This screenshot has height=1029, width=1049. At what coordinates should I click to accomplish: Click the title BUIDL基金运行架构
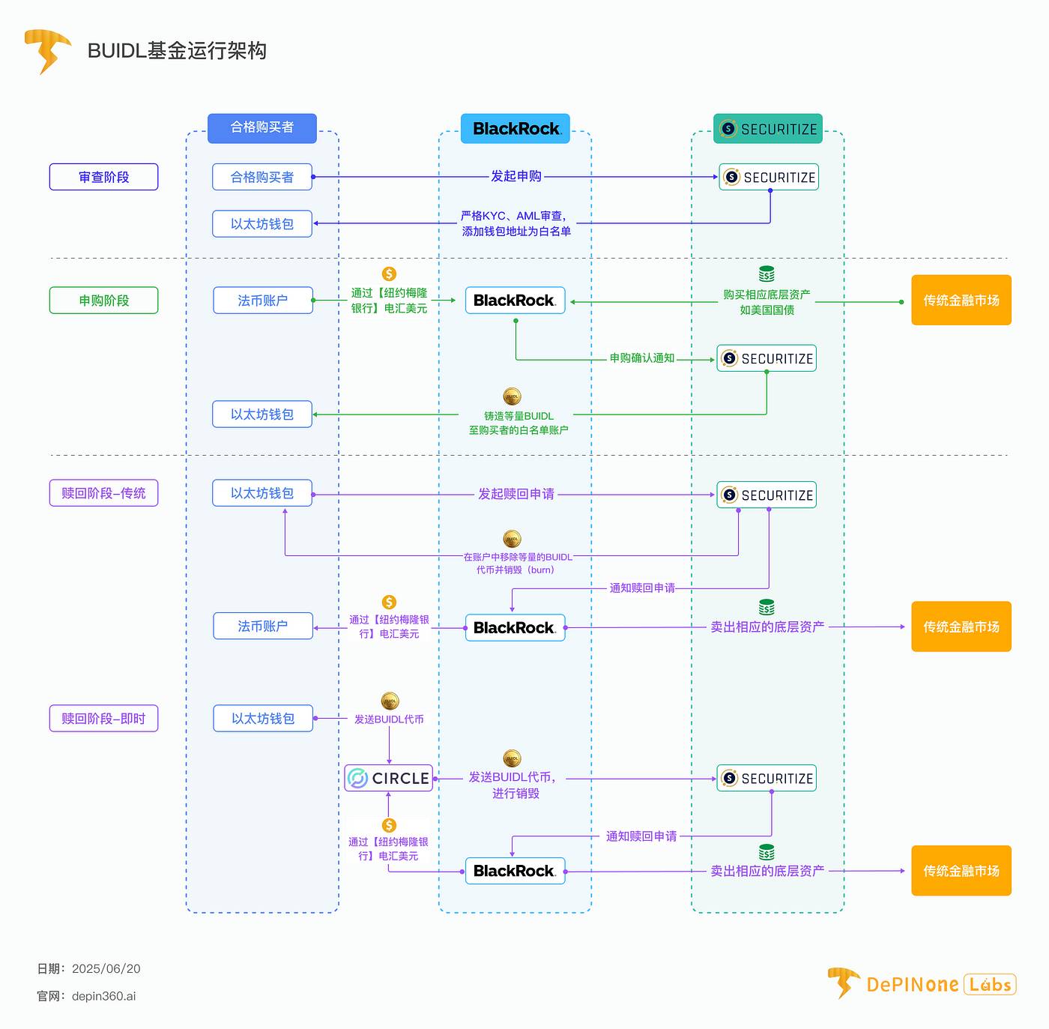click(x=177, y=51)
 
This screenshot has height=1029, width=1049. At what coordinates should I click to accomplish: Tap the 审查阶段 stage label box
click(x=103, y=177)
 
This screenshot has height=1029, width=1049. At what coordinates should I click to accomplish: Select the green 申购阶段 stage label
click(x=103, y=301)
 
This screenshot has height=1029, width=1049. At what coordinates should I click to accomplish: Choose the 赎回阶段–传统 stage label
click(x=103, y=493)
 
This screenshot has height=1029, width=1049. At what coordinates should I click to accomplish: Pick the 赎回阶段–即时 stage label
click(x=103, y=719)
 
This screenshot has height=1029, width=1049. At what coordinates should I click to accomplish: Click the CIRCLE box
click(x=389, y=778)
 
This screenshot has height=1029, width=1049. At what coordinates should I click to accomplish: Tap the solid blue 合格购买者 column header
click(x=262, y=127)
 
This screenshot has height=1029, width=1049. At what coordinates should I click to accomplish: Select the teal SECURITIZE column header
click(x=768, y=129)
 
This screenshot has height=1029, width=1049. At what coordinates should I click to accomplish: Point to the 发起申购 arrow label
click(x=516, y=176)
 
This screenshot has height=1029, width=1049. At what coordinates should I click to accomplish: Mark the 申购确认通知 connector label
click(x=641, y=358)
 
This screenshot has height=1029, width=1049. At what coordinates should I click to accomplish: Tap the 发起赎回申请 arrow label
click(x=516, y=494)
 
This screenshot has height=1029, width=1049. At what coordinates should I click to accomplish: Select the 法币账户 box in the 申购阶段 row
click(x=263, y=301)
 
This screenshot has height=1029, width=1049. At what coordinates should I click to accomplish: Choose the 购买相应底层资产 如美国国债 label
click(x=767, y=302)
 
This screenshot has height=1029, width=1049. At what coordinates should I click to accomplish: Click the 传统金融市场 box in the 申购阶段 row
click(x=961, y=301)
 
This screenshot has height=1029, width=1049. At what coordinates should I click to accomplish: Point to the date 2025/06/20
click(x=106, y=968)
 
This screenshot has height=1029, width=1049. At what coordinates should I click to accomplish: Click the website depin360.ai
click(x=103, y=996)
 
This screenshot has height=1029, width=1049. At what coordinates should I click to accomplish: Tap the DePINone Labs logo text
click(x=940, y=984)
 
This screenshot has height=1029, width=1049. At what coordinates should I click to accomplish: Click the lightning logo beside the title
click(x=47, y=50)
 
